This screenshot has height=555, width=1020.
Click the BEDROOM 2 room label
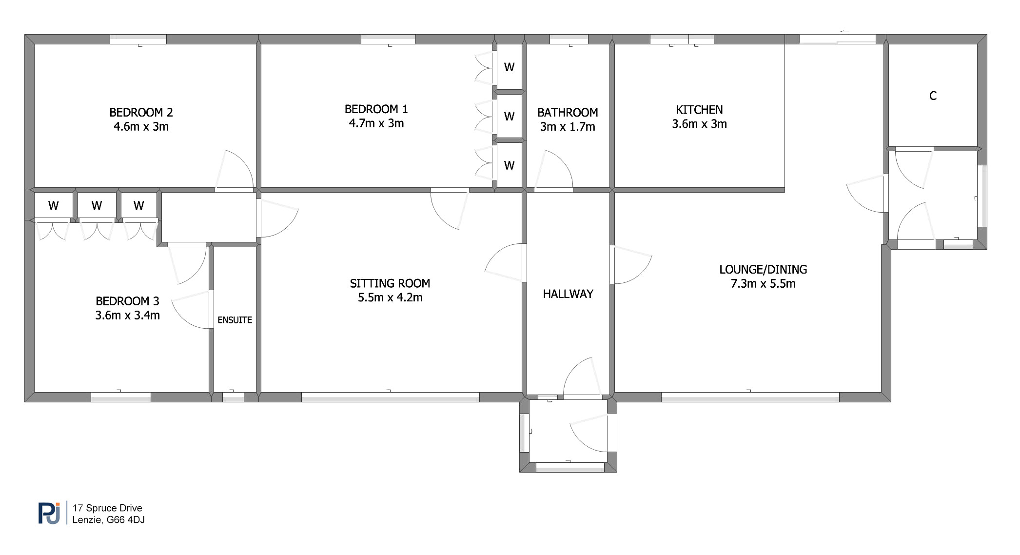tap(141, 113)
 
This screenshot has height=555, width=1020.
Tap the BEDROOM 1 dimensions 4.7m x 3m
tap(376, 123)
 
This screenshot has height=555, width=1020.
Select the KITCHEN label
tap(699, 110)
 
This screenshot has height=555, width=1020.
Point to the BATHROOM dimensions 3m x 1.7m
tap(568, 127)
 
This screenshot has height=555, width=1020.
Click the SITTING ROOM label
tap(390, 283)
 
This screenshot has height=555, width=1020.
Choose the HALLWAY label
tap(568, 294)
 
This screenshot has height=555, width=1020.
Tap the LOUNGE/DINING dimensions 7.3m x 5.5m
tap(763, 284)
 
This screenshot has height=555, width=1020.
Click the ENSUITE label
tap(235, 320)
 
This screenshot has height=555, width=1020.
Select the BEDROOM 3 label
tap(127, 301)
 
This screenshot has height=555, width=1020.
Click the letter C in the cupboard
tap(933, 96)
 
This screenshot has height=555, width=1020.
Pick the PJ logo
tap(49, 513)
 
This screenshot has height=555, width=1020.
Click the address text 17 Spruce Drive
tap(107, 508)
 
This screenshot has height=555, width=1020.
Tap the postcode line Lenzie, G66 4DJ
tap(108, 520)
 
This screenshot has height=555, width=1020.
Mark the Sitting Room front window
tap(390, 397)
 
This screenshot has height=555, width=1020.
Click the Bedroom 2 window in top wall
tap(138, 40)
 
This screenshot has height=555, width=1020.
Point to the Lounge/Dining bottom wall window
tap(750, 397)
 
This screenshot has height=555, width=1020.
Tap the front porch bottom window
tap(570, 467)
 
